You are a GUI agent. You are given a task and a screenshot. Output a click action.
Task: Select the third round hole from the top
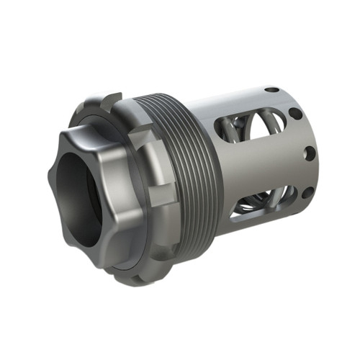tap(309, 153)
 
